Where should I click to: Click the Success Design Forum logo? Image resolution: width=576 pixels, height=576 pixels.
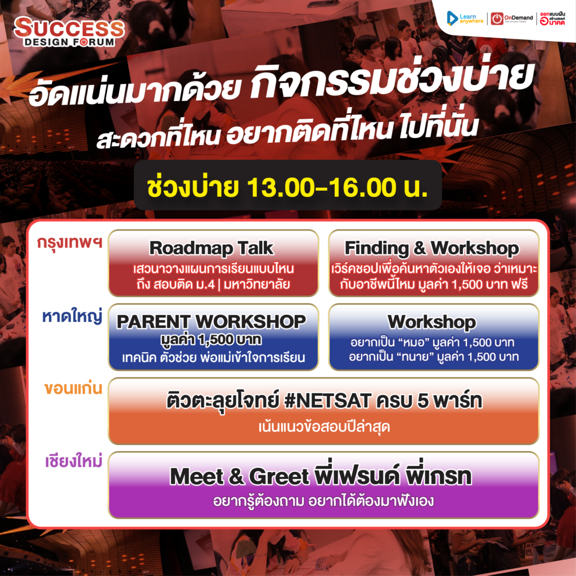pyautogui.click(x=69, y=32)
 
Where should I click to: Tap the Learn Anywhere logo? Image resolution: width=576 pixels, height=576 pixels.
pyautogui.click(x=465, y=19)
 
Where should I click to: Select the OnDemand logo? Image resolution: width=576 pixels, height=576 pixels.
pyautogui.click(x=512, y=19)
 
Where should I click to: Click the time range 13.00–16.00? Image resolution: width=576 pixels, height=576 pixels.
pyautogui.click(x=321, y=188)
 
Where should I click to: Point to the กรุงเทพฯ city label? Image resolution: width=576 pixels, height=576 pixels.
pyautogui.click(x=69, y=243)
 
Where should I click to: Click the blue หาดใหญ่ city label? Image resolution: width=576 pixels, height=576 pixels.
pyautogui.click(x=72, y=316)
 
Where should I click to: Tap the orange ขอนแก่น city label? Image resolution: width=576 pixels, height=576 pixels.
pyautogui.click(x=73, y=388)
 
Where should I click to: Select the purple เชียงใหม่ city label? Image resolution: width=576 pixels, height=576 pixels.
pyautogui.click(x=74, y=461)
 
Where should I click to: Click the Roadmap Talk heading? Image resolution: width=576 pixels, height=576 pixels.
pyautogui.click(x=211, y=248)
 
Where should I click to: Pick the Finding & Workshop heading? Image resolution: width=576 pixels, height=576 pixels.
pyautogui.click(x=431, y=248)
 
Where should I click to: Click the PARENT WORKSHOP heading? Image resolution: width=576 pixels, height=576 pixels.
pyautogui.click(x=211, y=322)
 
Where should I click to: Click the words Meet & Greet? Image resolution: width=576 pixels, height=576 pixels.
pyautogui.click(x=240, y=476)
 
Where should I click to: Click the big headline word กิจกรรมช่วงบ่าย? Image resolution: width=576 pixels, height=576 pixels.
pyautogui.click(x=392, y=79)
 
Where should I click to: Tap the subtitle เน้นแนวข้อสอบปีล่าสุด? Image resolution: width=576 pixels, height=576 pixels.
pyautogui.click(x=324, y=427)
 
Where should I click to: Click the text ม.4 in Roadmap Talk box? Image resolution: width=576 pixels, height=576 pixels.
pyautogui.click(x=201, y=284)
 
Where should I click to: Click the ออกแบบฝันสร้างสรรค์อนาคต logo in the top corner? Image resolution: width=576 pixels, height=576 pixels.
pyautogui.click(x=552, y=19)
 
